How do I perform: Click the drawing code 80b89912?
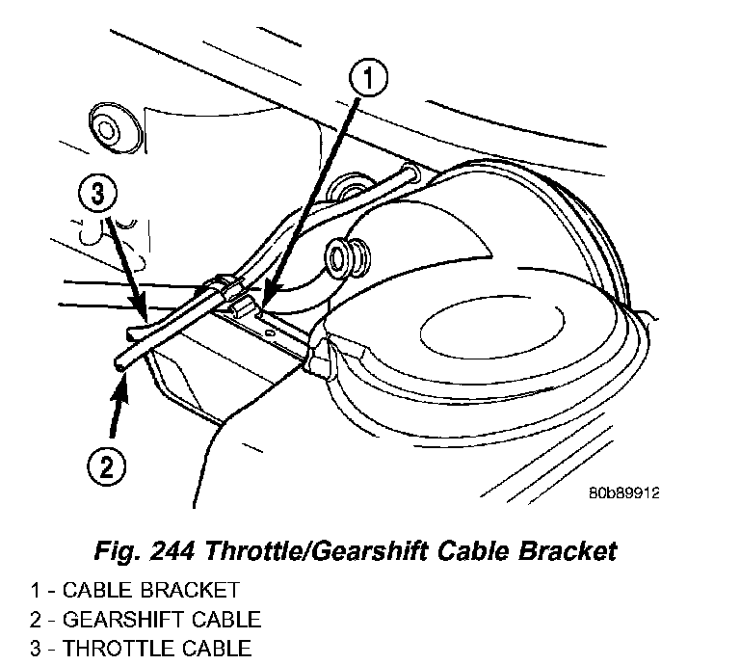point(623,491)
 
